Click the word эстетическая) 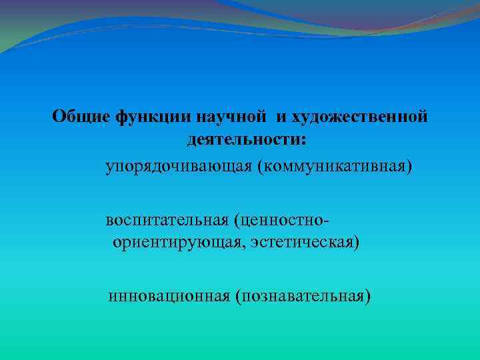point(306,242)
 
